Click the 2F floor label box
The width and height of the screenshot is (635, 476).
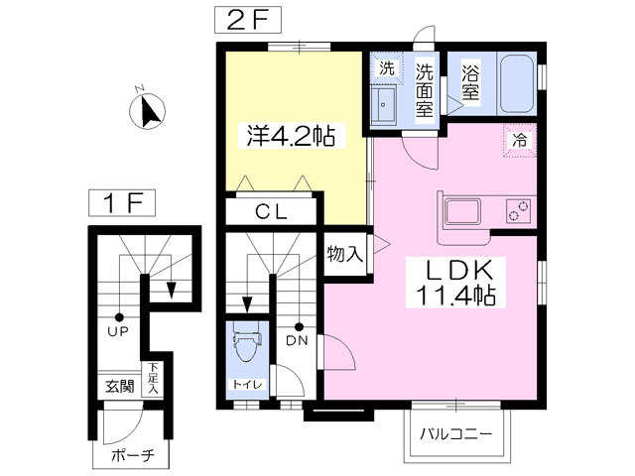click(x=248, y=21)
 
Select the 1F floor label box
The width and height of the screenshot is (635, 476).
click(x=122, y=202)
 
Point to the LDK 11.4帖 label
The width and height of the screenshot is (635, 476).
click(x=455, y=282)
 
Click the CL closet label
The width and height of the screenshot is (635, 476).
click(x=271, y=211)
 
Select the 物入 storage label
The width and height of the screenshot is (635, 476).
click(x=344, y=255)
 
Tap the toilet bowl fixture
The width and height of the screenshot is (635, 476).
click(x=246, y=345)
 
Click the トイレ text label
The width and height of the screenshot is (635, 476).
click(x=247, y=384)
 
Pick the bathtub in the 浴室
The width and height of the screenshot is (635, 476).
click(x=517, y=83)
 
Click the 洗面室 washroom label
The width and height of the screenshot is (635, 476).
click(x=424, y=90)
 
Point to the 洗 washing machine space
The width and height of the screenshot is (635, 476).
click(x=387, y=68)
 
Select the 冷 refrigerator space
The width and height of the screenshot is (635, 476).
click(x=520, y=141)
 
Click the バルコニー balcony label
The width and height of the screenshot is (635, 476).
click(x=455, y=434)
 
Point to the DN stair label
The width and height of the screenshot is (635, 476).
click(x=297, y=341)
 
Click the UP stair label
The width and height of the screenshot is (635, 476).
click(x=118, y=331)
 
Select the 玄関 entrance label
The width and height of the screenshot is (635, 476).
click(x=120, y=387)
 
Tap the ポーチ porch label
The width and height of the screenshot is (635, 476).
click(x=133, y=456)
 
